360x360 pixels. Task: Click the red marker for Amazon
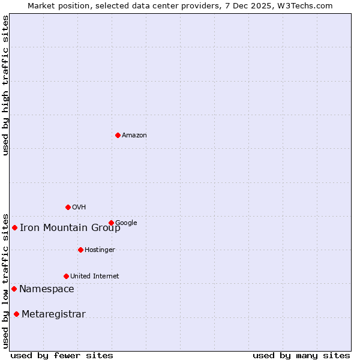pos(118,135)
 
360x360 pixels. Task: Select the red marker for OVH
pos(68,207)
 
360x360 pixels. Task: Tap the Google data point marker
pos(111,223)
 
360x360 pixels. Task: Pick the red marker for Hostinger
pos(80,250)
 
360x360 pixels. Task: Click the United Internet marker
pos(66,276)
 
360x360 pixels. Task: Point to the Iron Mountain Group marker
pos(14,227)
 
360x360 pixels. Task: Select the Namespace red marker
pos(14,289)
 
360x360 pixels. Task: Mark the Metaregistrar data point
pos(16,314)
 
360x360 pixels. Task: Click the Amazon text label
pos(134,136)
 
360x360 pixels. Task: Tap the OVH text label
pos(79,208)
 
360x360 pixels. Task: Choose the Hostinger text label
pos(100,250)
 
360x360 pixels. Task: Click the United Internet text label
pos(94,277)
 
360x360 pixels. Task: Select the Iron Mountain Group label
pos(70,227)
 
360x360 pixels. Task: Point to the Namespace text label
pos(47,289)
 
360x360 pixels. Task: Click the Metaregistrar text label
pos(53,314)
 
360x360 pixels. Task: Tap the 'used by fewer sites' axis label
pos(62,355)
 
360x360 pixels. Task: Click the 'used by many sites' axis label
pos(301,355)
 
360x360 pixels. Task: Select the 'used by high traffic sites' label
pos(5,85)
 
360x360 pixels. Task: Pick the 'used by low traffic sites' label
pos(5,280)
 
